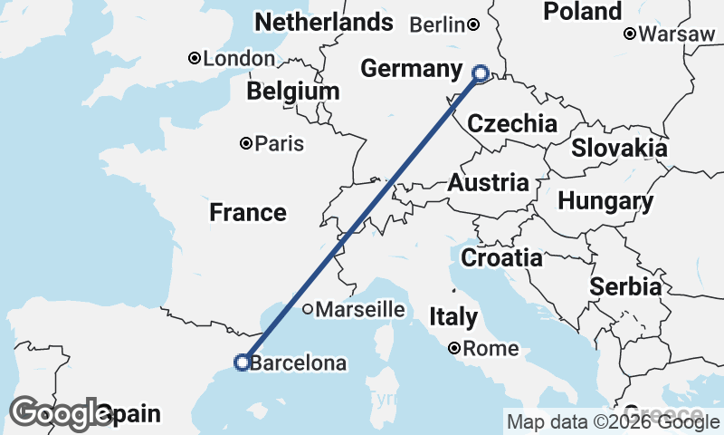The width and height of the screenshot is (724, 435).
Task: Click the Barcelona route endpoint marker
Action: (x=243, y=362)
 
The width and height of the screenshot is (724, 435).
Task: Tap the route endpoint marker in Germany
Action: (x=481, y=73)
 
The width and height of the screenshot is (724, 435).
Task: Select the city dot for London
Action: (x=194, y=59)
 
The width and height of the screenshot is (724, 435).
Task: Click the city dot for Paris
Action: (x=246, y=143)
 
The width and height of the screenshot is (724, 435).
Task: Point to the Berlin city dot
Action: (x=474, y=25)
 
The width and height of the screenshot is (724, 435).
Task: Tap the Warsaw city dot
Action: (x=630, y=34)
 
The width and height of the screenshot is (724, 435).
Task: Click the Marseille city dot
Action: (x=308, y=309)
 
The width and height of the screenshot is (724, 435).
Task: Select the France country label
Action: (x=248, y=213)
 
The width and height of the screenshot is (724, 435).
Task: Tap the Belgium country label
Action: (x=293, y=92)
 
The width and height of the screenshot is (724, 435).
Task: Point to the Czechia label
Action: (x=512, y=124)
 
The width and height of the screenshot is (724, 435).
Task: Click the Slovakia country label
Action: (x=619, y=149)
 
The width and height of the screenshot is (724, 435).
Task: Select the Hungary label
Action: (x=605, y=201)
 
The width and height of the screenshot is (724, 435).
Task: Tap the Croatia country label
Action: (x=501, y=258)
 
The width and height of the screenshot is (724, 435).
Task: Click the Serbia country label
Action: (x=625, y=287)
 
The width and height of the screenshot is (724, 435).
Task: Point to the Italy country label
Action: (x=453, y=317)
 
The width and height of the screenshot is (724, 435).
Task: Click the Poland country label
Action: (x=583, y=12)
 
